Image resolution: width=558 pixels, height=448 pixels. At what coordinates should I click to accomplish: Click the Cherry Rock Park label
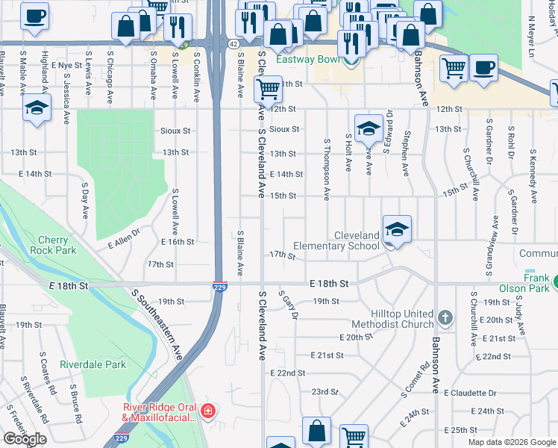click(53, 245)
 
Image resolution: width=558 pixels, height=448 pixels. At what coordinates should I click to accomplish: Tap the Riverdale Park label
click(93, 364)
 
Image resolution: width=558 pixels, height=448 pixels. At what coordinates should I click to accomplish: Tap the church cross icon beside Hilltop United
click(445, 319)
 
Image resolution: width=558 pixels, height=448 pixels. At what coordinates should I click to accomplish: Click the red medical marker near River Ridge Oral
click(207, 411)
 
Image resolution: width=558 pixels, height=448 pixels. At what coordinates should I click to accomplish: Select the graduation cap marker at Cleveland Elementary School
click(397, 229)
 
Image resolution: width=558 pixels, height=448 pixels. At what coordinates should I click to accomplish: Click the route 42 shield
click(233, 45)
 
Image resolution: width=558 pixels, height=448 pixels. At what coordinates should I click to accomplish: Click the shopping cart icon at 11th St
click(268, 90)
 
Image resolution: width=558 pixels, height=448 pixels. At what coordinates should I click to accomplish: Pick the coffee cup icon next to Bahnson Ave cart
click(483, 69)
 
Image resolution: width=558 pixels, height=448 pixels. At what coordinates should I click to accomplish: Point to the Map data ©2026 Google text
click(512, 442)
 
